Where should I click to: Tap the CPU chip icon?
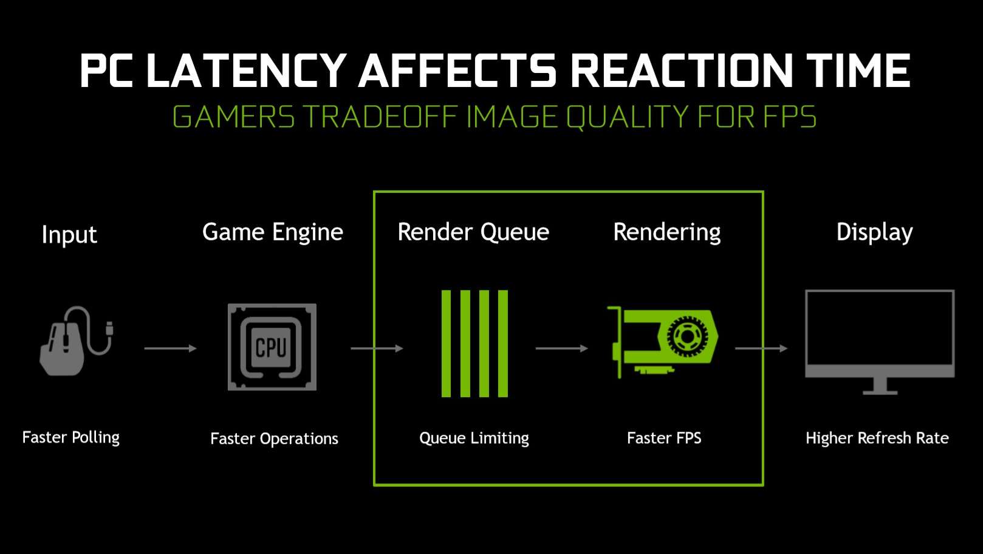pos(272,347)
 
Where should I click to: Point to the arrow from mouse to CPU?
pos(170,348)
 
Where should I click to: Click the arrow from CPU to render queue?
pos(377,348)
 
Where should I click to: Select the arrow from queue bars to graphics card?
pos(562,348)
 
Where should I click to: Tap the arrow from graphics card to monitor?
pos(761,348)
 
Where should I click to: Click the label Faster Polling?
pos(70,438)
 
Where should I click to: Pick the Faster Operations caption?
pos(274,438)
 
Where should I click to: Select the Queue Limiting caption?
pos(474,438)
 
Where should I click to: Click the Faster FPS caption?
pos(664,438)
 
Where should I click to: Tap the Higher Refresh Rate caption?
pos(877,438)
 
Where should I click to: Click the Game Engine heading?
pos(273,232)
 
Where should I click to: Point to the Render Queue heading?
pos(473,232)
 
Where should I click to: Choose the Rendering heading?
pos(666,232)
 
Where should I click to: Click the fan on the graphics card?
pos(687,336)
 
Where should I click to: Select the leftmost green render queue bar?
pos(446,344)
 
